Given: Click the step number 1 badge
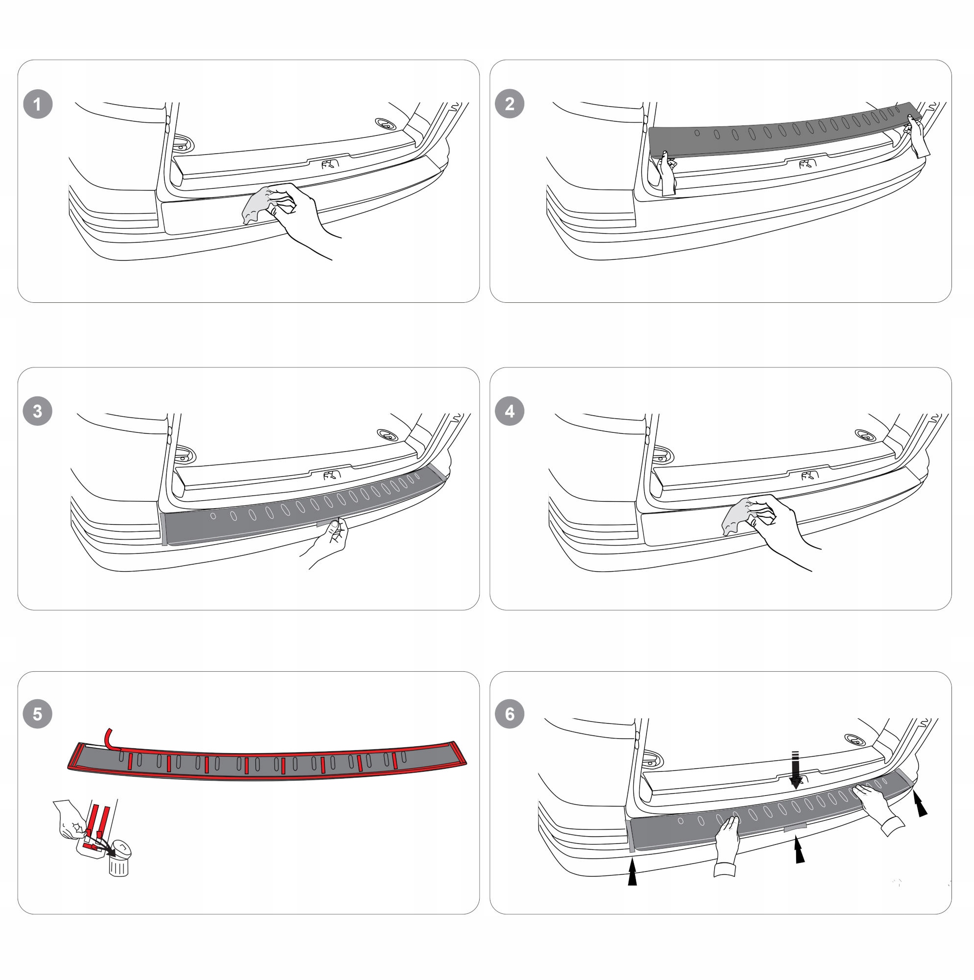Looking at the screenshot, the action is tap(38, 104).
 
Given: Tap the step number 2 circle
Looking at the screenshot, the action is tap(510, 104).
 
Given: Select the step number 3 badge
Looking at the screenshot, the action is tap(38, 411).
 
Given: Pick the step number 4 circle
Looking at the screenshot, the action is tap(510, 411).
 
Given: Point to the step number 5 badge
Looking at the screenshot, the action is tap(38, 714).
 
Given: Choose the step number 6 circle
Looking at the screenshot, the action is tap(510, 714).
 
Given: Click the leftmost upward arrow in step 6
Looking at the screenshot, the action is tap(632, 872).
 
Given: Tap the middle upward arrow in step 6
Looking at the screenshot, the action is tap(800, 850).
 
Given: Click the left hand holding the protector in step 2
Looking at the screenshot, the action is tap(668, 173).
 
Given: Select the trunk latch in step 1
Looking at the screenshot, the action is tap(330, 164).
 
